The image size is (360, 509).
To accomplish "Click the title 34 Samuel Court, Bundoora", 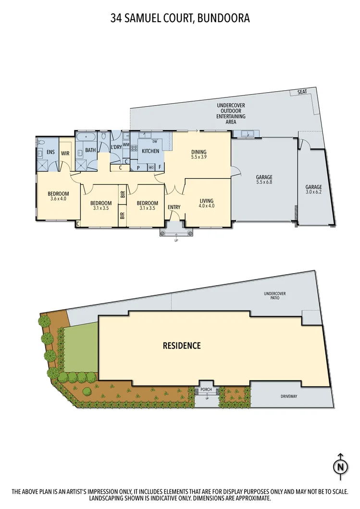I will pos(180,19).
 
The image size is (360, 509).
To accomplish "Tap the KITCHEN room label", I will pos(150,151).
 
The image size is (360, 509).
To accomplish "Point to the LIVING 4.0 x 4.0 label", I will pos(207,204).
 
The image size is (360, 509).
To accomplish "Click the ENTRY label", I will pos(174,207).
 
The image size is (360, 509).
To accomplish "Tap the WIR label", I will pos(65,154).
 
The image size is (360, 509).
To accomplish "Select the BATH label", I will pos(90,150).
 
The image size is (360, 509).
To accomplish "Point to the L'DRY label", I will pos(115,147).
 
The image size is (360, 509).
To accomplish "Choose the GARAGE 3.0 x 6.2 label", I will pos(313,190).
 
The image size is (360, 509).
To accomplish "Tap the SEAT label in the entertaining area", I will pos(302,92).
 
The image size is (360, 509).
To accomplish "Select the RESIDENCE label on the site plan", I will pos(181,345).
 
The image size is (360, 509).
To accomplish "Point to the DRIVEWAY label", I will pos(290,397).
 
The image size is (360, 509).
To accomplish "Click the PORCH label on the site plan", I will pos(207,389).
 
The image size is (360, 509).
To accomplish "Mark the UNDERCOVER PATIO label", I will pos(271,295).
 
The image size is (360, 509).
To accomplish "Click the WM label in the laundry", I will pos(126,145).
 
